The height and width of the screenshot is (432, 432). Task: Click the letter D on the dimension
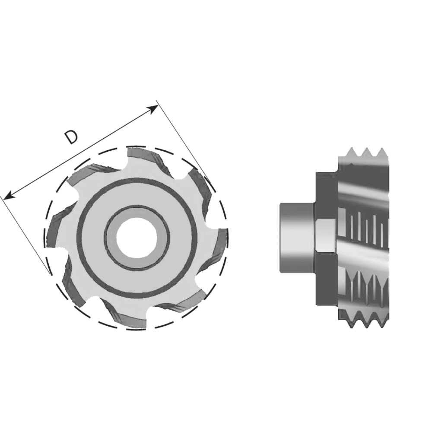tap(71, 137)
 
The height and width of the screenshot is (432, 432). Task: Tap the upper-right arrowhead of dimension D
tap(153, 109)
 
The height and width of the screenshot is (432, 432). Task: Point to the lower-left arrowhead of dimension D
tap(9, 195)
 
